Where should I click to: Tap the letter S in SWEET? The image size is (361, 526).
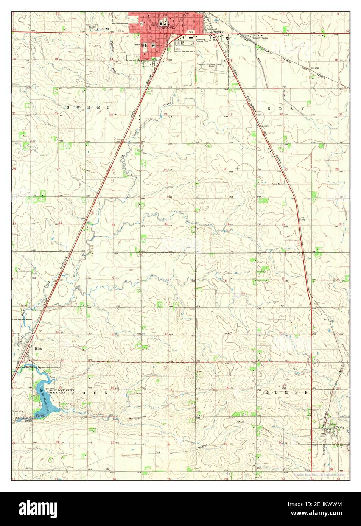68,107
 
